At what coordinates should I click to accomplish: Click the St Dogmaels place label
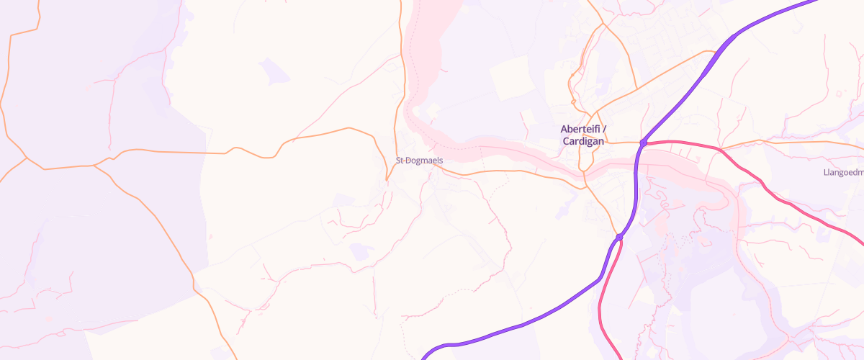(x=419, y=161)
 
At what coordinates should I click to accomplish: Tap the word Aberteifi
(x=580, y=129)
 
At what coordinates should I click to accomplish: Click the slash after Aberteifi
(x=605, y=129)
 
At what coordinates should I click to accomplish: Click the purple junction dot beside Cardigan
(x=644, y=143)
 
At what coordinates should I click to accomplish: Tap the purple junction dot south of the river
(x=619, y=236)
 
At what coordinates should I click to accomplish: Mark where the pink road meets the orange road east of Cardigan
(x=719, y=149)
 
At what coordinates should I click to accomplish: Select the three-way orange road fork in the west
(x=96, y=166)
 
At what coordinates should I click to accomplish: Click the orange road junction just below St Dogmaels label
(x=388, y=179)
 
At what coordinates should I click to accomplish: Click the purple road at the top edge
(x=814, y=2)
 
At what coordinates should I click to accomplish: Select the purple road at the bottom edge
(x=425, y=356)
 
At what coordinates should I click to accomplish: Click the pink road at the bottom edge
(x=620, y=356)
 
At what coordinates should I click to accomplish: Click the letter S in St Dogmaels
(x=398, y=161)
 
